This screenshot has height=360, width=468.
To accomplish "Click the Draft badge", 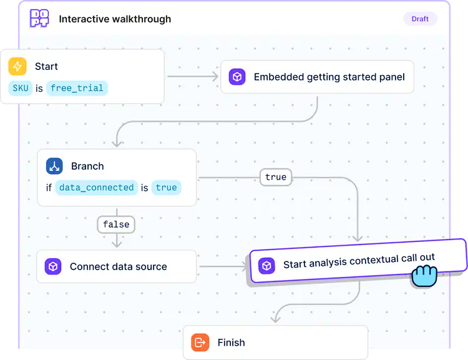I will pyautogui.click(x=420, y=19).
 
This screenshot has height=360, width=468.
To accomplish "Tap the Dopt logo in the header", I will pyautogui.click(x=39, y=19).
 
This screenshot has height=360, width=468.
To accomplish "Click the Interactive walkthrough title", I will pyautogui.click(x=115, y=19).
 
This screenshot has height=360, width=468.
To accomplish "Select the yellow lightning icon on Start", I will pyautogui.click(x=17, y=67).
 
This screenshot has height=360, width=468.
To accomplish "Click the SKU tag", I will pyautogui.click(x=21, y=88).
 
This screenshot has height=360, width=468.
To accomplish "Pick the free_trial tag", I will pyautogui.click(x=77, y=88).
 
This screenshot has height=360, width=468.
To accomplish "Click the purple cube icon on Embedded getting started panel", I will pyautogui.click(x=237, y=77).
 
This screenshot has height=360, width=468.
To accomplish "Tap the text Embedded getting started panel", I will pyautogui.click(x=329, y=77).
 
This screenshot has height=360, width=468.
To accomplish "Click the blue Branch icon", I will pyautogui.click(x=55, y=166).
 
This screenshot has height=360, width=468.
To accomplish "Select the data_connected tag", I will pyautogui.click(x=97, y=187).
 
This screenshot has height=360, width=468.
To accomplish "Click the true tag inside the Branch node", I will pyautogui.click(x=167, y=187).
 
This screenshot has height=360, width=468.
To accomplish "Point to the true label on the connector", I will pyautogui.click(x=276, y=177).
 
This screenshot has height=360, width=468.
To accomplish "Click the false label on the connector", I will pyautogui.click(x=117, y=224).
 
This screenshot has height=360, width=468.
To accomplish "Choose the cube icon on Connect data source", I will pyautogui.click(x=54, y=267).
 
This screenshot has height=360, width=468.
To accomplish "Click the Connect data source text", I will pyautogui.click(x=119, y=267).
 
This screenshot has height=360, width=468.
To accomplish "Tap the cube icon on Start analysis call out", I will pyautogui.click(x=267, y=266).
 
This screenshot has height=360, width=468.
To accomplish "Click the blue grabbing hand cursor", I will pyautogui.click(x=424, y=275).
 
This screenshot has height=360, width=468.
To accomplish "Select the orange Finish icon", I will pyautogui.click(x=200, y=343).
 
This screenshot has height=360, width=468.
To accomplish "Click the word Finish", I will pyautogui.click(x=232, y=343).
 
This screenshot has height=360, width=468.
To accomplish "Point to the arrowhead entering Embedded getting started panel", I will pyautogui.click(x=216, y=77).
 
